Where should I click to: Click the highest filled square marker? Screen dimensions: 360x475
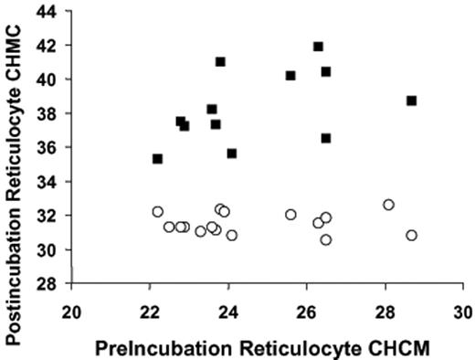pyautogui.click(x=318, y=47)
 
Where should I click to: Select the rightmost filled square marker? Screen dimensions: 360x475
pyautogui.click(x=412, y=101)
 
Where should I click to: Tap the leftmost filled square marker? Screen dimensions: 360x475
pyautogui.click(x=157, y=159)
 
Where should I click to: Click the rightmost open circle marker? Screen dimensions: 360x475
pyautogui.click(x=412, y=235)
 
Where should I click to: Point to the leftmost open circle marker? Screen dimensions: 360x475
pyautogui.click(x=157, y=211)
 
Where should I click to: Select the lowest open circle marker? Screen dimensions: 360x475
pyautogui.click(x=326, y=239)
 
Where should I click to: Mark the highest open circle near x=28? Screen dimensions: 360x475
pyautogui.click(x=388, y=205)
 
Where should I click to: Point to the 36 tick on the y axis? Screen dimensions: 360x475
pyautogui.click(x=69, y=147)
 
